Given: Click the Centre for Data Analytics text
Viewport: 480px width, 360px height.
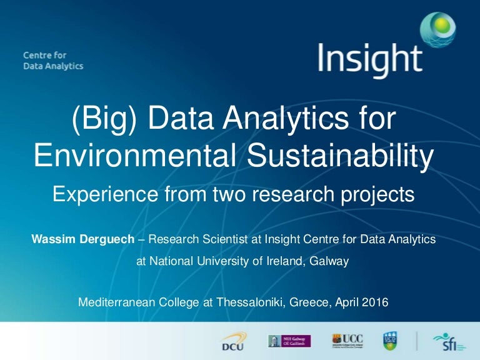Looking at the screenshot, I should coord(53,61).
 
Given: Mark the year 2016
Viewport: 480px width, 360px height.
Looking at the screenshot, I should coord(376,302).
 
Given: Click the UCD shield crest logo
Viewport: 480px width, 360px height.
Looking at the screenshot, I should coord(389,341).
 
